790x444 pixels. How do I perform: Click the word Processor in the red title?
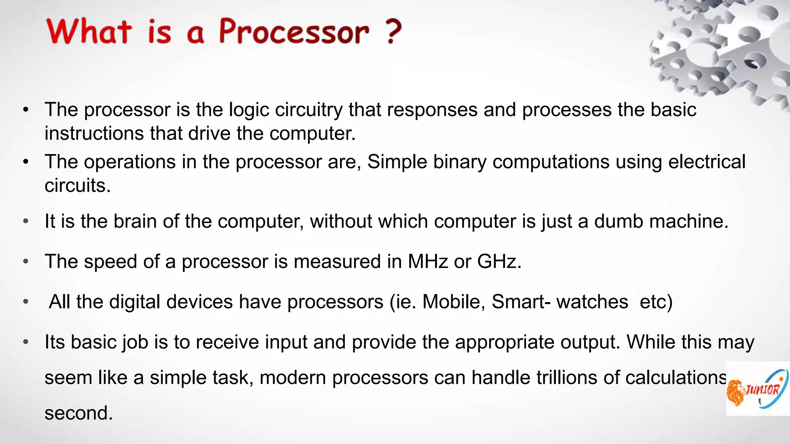294,32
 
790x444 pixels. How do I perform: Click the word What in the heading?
89,32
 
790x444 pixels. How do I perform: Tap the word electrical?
707,162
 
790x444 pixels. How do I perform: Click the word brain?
135,222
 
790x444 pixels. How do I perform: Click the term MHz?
428,262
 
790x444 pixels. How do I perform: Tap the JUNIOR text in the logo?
762,390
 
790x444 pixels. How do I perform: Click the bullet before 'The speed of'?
26,262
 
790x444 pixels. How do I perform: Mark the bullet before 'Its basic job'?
26,342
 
